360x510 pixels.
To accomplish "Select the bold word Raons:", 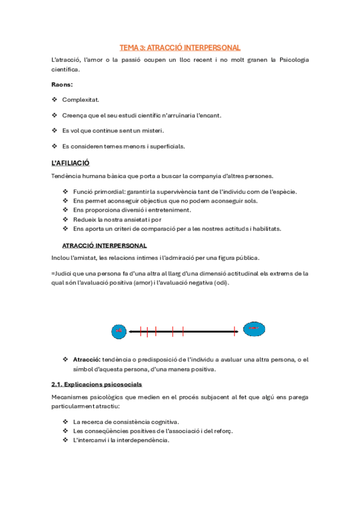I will point(63,84).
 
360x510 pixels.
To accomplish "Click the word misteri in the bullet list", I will point(151,131).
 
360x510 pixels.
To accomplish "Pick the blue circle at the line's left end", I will point(119,330).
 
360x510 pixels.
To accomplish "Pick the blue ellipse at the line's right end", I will point(253,329).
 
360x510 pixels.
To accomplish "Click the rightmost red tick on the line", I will point(236,330).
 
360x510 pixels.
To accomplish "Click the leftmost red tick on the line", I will point(141,330).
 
